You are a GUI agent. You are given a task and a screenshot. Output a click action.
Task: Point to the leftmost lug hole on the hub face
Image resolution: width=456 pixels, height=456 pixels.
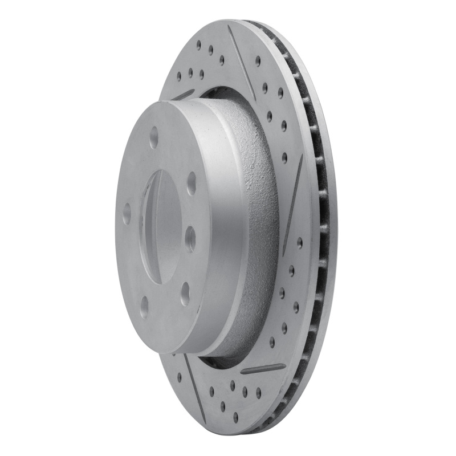(x=126, y=213)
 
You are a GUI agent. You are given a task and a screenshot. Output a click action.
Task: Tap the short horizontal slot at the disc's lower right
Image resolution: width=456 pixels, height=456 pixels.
(x=263, y=369)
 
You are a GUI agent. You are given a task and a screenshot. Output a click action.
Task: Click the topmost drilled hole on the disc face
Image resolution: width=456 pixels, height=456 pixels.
(x=198, y=44)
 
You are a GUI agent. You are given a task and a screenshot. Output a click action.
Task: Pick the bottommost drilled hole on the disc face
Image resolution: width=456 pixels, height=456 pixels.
(x=235, y=418)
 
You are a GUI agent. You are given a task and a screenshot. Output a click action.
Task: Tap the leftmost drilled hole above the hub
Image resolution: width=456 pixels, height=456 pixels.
(x=178, y=74)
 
